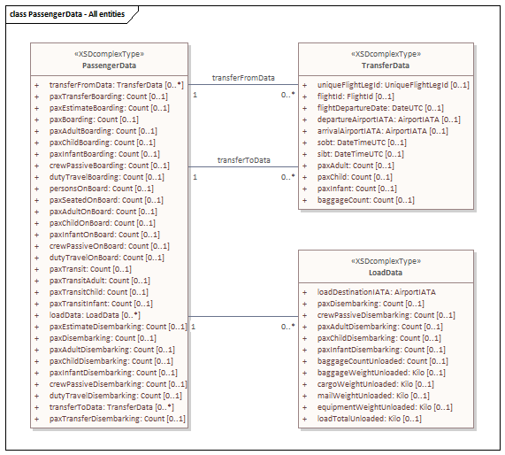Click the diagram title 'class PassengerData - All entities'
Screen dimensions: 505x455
pyautogui.click(x=67, y=14)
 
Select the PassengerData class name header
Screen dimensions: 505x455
pyautogui.click(x=109, y=66)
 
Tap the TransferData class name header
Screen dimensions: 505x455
pyautogui.click(x=386, y=66)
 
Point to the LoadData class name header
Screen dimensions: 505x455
pyautogui.click(x=386, y=273)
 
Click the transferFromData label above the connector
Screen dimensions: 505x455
pyautogui.click(x=243, y=78)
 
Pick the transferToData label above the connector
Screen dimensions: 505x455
pyautogui.click(x=244, y=160)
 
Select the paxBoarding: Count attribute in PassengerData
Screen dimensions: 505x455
pyautogui.click(x=94, y=120)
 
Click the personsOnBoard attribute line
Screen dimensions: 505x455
pyautogui.click(x=102, y=189)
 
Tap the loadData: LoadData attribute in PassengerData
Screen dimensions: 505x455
pyautogui.click(x=95, y=315)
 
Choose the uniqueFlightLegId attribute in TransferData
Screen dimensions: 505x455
pyautogui.click(x=394, y=85)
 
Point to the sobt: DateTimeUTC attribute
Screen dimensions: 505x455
pyautogui.click(x=362, y=143)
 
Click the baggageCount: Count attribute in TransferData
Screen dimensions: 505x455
pyautogui.click(x=366, y=200)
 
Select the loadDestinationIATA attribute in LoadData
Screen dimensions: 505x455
pyautogui.click(x=377, y=292)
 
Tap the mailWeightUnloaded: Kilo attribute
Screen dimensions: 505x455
pyautogui.click(x=373, y=396)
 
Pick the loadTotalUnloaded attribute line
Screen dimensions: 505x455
pyautogui.click(x=370, y=419)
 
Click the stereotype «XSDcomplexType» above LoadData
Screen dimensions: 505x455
pyautogui.click(x=386, y=261)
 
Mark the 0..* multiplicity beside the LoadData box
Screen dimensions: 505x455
pyautogui.click(x=288, y=327)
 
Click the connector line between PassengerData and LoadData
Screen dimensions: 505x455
pyautogui.click(x=243, y=316)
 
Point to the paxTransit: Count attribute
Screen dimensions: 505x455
pyautogui.click(x=90, y=269)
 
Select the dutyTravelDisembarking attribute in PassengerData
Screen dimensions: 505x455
pyautogui.click(x=115, y=396)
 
